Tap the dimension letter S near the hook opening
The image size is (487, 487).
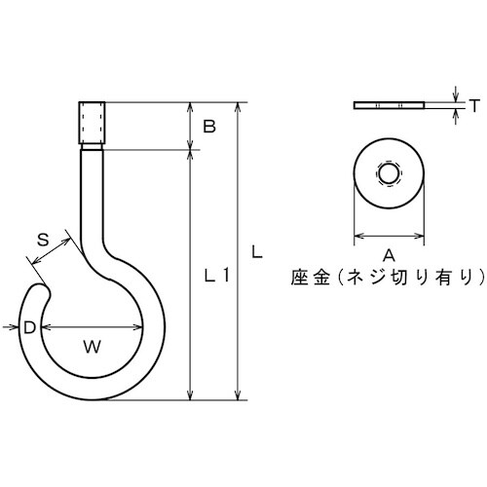coord(43,239)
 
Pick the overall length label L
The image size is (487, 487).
coord(256,250)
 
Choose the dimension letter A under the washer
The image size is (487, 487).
coord(388,255)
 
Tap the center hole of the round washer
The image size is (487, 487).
coord(388,175)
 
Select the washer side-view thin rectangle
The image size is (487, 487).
coord(388,103)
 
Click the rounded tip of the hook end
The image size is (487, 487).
coord(43,289)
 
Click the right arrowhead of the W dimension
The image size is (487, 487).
coord(138,327)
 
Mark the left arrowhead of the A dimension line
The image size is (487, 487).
coord(356,236)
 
